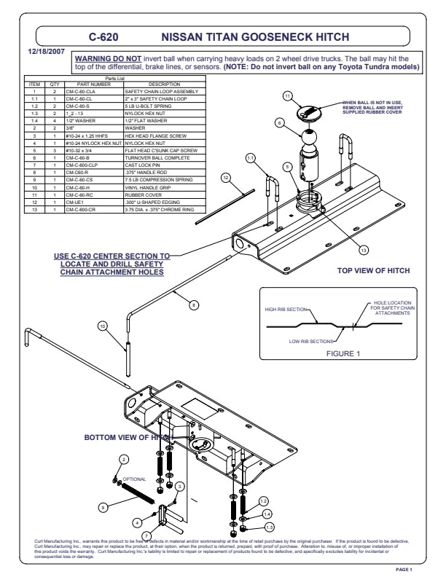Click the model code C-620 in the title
(103, 35)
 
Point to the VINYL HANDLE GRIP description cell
(150, 189)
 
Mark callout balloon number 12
(227, 176)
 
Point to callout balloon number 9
(103, 506)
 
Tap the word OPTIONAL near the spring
(134, 479)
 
